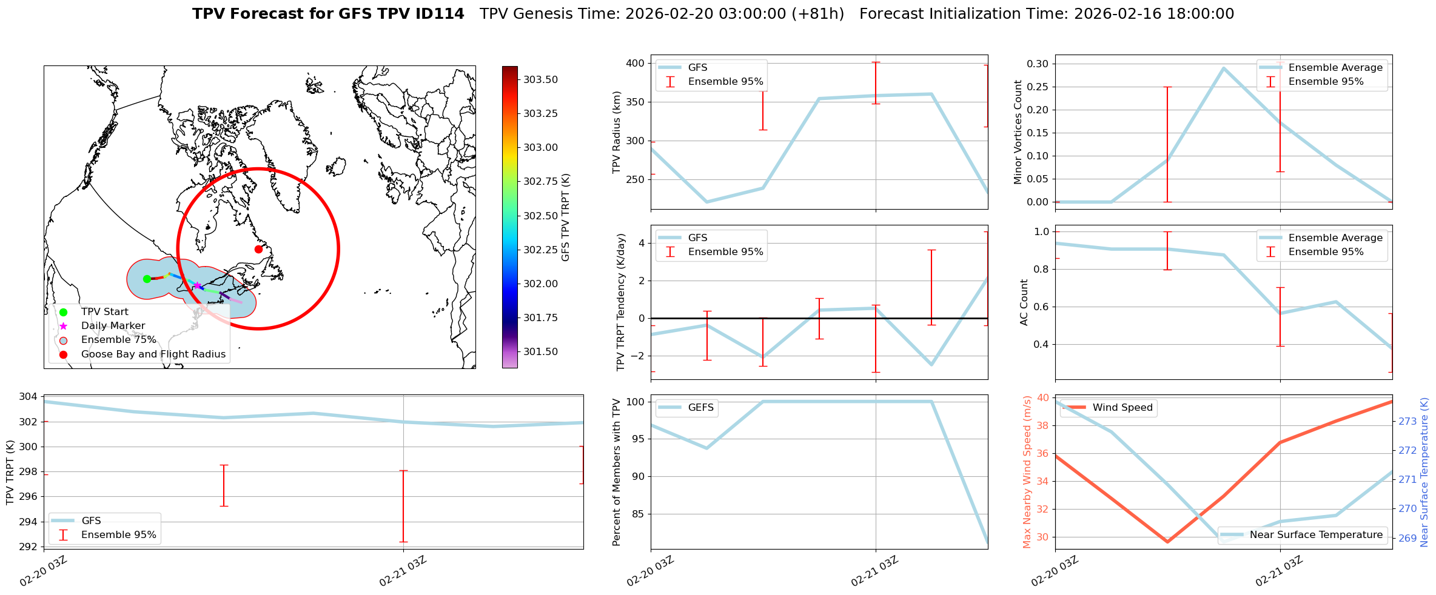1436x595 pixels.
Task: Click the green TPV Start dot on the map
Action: point(147,279)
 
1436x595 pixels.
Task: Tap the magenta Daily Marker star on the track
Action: point(197,286)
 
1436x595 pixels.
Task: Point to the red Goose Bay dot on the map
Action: point(258,249)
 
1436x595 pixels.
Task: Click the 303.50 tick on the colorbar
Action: point(540,80)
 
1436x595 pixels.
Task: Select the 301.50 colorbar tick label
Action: point(540,352)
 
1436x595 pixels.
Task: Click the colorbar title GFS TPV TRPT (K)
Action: point(565,218)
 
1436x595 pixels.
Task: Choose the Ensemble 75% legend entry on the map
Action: point(118,340)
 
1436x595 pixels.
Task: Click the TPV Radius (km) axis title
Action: point(617,132)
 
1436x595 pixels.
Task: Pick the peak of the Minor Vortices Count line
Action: point(1224,68)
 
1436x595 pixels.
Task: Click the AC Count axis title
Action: point(1024,302)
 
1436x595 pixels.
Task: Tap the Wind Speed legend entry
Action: point(1122,408)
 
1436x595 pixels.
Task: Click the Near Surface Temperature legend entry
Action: point(1315,535)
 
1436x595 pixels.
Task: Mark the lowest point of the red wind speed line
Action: point(1167,542)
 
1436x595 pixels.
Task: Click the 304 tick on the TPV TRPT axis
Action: point(29,397)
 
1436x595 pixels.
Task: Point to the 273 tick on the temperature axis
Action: point(1407,422)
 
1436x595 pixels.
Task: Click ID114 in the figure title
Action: point(437,14)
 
